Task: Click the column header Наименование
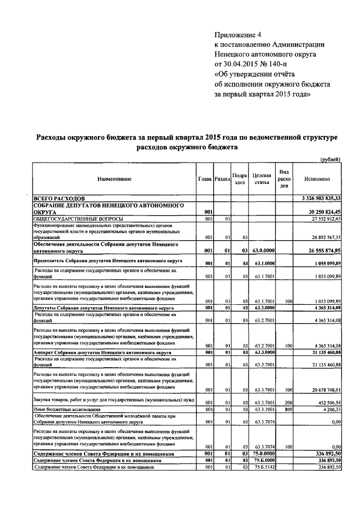[114, 179]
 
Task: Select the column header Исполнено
[317, 179]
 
